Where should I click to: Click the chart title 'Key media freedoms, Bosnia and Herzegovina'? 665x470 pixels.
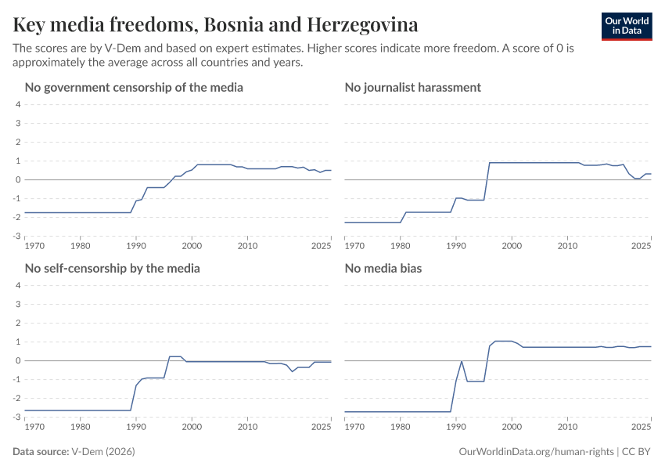click(x=215, y=25)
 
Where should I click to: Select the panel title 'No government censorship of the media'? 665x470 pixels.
click(x=134, y=87)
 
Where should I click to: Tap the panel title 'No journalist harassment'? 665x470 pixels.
click(x=413, y=87)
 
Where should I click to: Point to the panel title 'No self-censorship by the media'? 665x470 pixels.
click(x=113, y=268)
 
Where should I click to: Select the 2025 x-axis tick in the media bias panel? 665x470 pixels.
click(x=641, y=428)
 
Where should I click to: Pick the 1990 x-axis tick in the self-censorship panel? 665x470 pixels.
click(x=136, y=428)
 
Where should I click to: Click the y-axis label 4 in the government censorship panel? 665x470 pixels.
click(x=17, y=105)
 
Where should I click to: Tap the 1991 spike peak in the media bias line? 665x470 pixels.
click(x=462, y=361)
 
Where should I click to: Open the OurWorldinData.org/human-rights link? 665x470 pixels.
click(x=536, y=452)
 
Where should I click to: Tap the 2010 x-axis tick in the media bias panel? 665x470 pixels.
click(x=567, y=428)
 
